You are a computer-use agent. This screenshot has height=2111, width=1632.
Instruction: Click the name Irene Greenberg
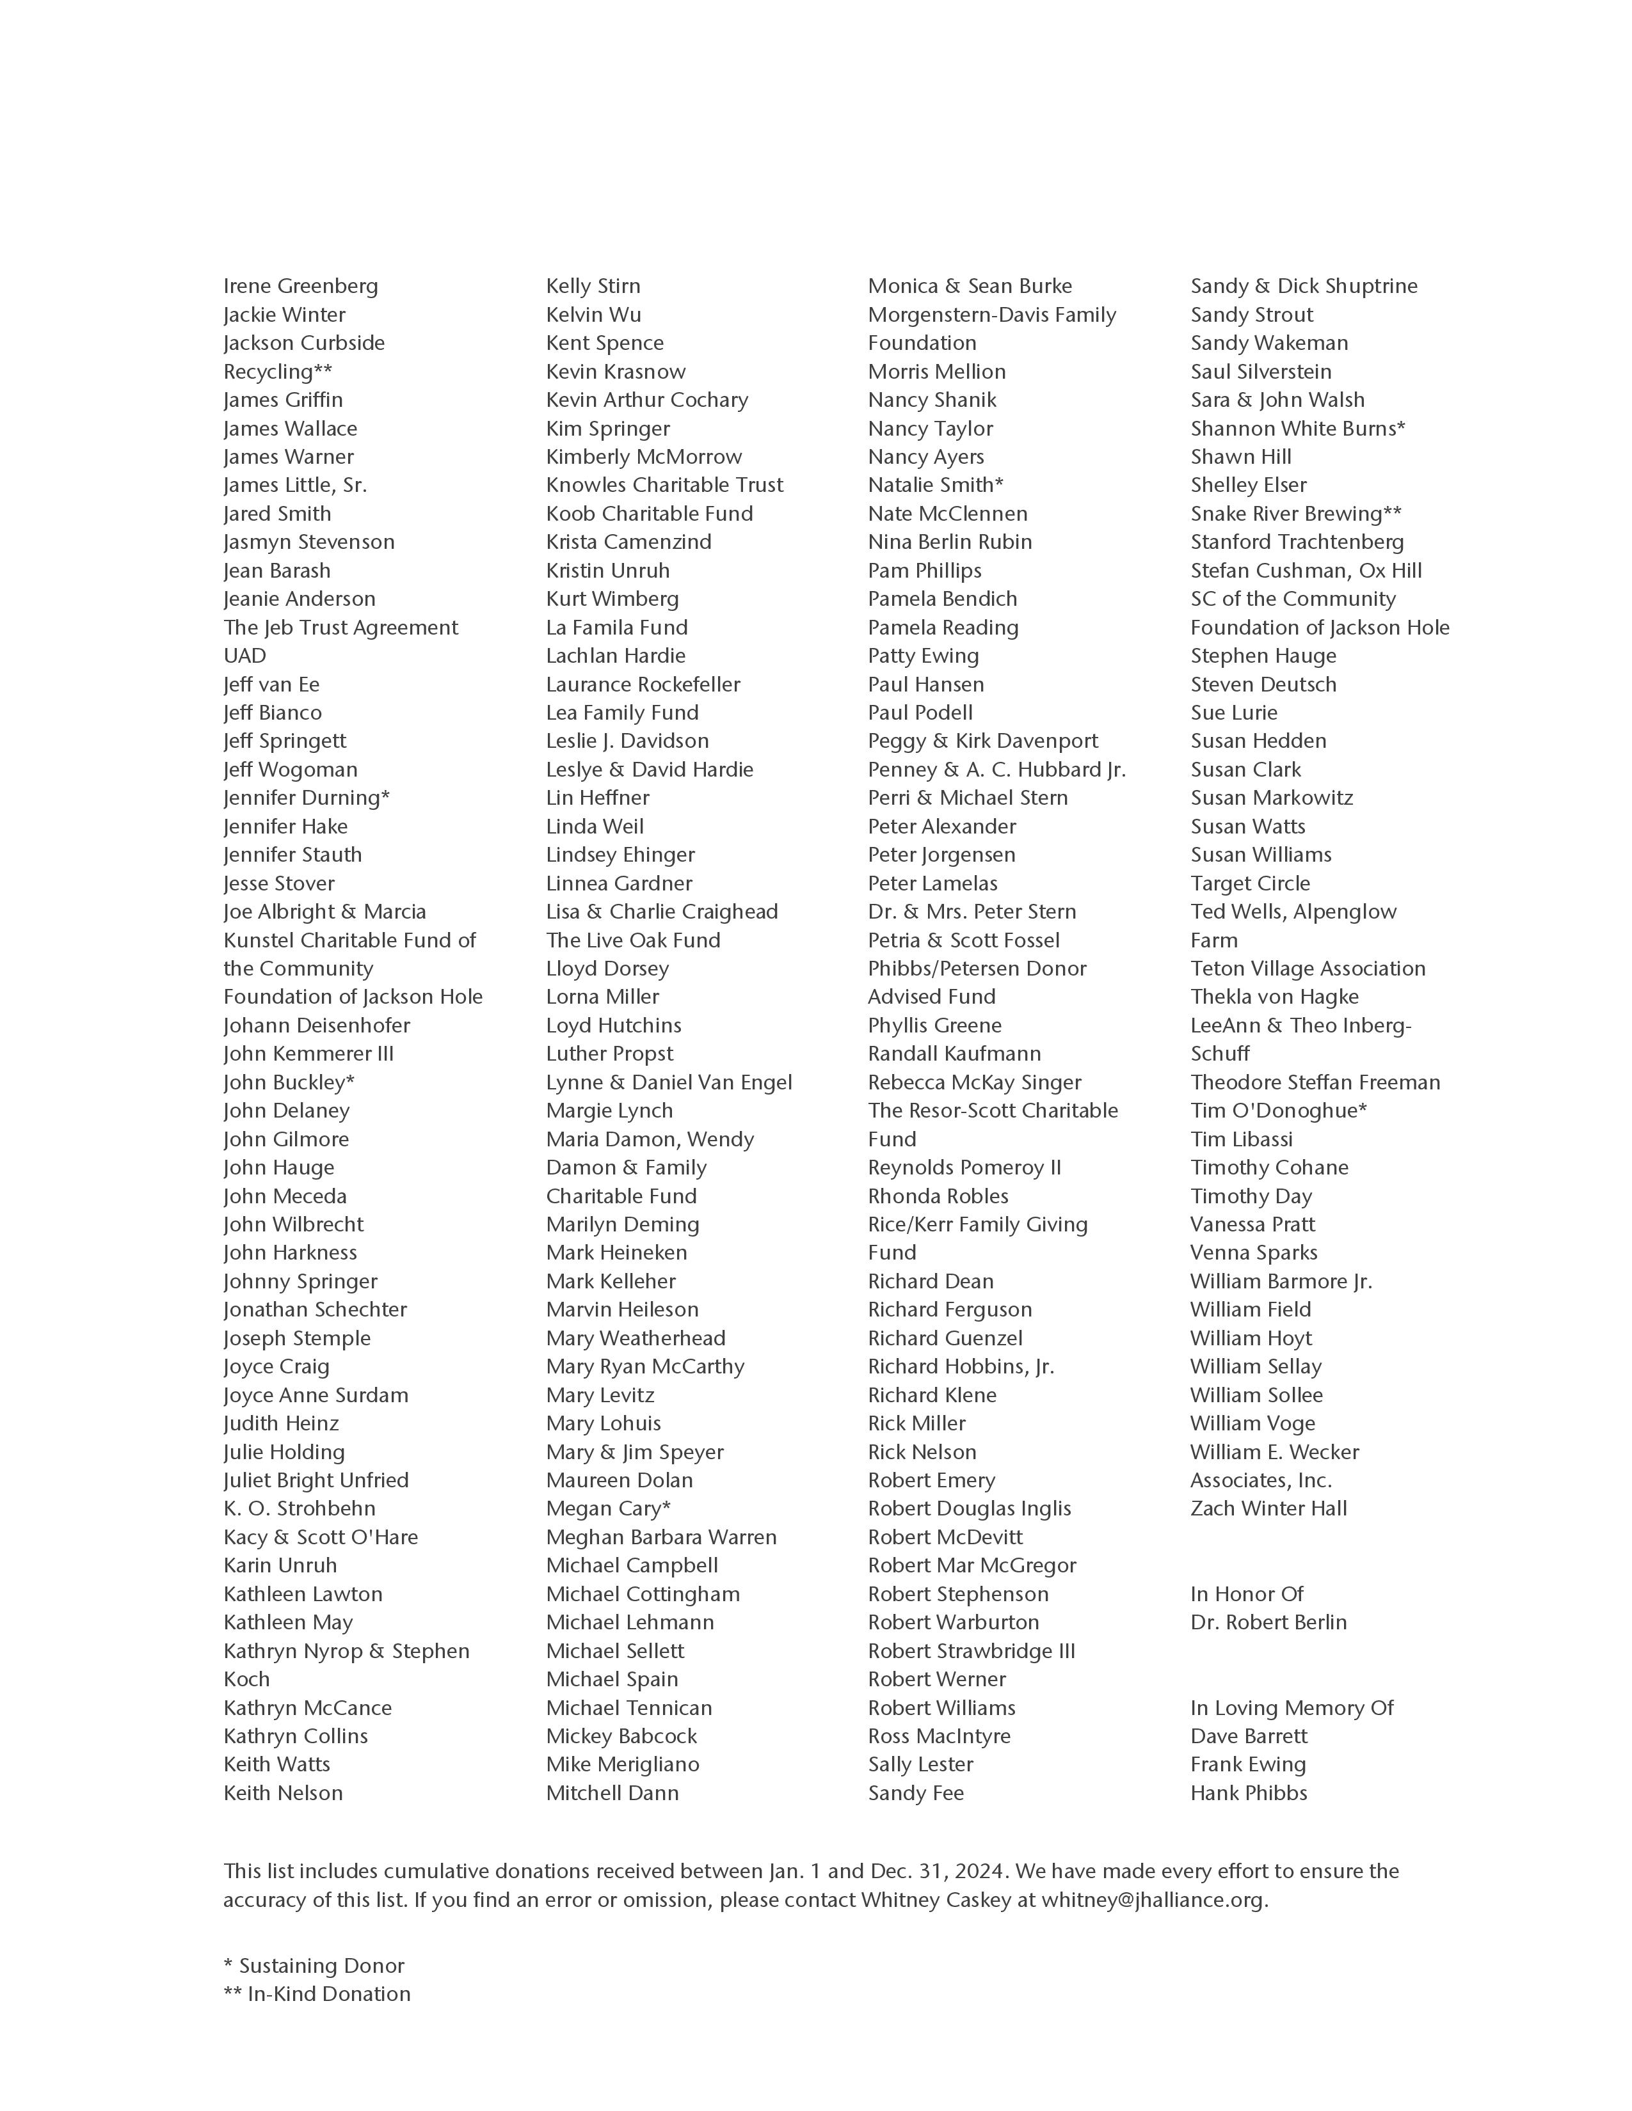pos(301,286)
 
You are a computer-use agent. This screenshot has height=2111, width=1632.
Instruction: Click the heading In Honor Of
pos(1247,1594)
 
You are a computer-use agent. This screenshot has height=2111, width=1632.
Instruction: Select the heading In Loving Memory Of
pos(1292,1708)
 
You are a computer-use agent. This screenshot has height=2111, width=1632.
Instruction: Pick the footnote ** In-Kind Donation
pos(317,1993)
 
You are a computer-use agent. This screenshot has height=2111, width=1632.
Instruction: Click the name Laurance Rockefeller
pos(643,684)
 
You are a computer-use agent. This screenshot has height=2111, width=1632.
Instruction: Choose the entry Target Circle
pos(1250,883)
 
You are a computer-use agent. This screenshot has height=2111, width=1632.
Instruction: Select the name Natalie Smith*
pos(936,486)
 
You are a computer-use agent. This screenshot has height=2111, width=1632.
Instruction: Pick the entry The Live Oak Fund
pos(633,940)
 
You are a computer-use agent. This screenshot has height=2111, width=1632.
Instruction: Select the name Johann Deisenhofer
pos(317,1025)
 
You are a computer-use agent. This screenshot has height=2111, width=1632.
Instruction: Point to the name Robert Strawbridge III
pos(972,1651)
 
